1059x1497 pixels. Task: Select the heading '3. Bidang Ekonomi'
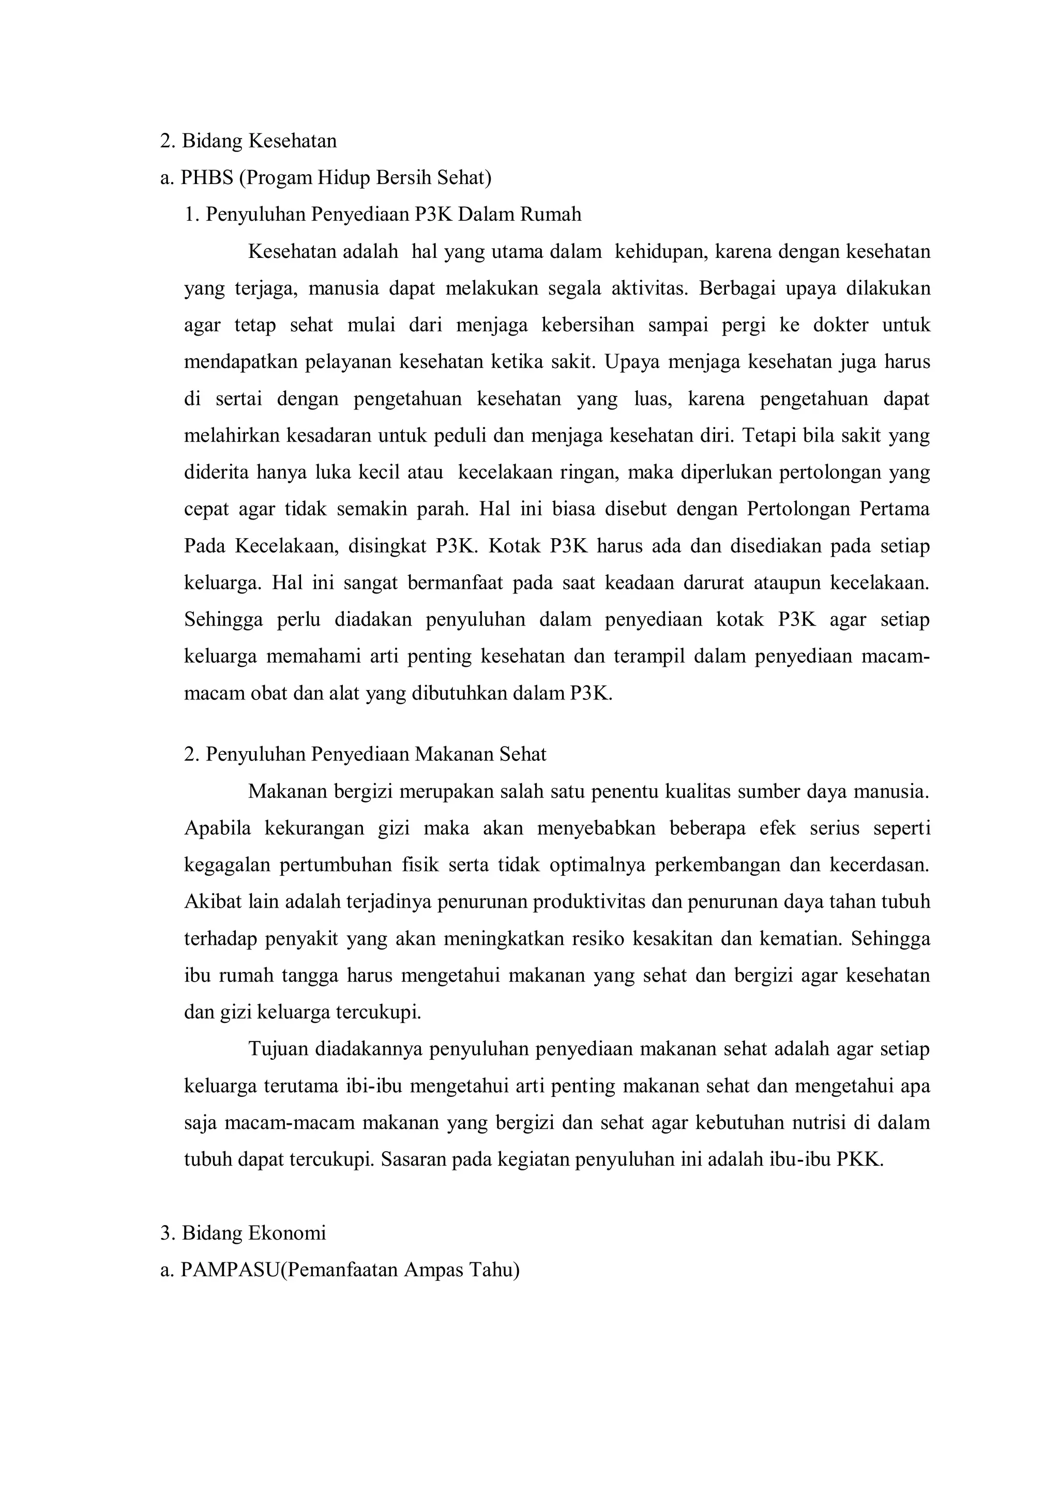tap(243, 1233)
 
